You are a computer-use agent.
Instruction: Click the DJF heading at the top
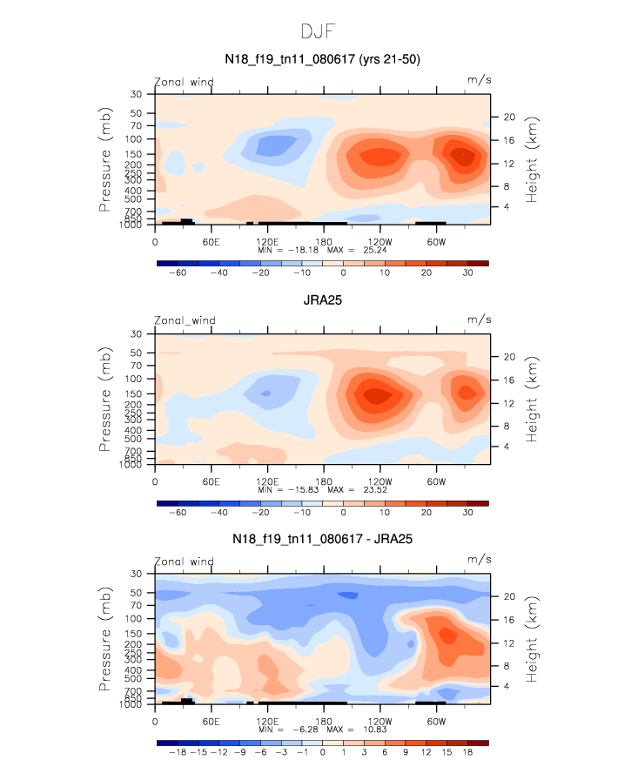[319, 32]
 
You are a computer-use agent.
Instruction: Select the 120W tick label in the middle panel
[379, 481]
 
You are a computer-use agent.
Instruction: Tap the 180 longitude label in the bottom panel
[323, 721]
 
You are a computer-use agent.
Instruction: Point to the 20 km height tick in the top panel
[510, 117]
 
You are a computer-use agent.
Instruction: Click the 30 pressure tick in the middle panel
[137, 333]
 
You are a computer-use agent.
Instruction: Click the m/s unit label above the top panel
[480, 80]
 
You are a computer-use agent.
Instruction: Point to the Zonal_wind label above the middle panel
[184, 320]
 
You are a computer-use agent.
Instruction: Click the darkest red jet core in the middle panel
[376, 395]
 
